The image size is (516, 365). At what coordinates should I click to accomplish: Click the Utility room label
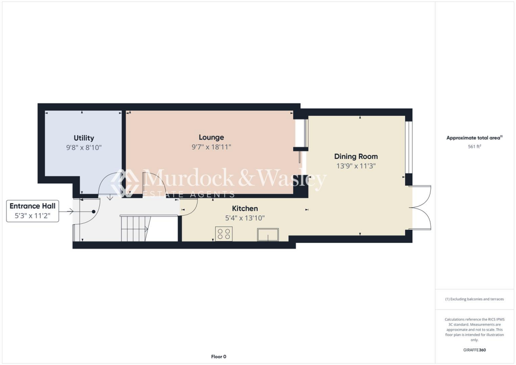(84, 138)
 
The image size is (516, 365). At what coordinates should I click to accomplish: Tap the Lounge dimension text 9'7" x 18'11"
(211, 147)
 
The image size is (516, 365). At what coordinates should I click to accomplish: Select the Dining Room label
(356, 156)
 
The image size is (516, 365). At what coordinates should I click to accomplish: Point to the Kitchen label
(245, 208)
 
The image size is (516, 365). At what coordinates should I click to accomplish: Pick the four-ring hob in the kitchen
(224, 234)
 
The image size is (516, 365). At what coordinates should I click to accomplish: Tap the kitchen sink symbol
(268, 234)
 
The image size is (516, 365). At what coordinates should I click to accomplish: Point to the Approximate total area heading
(474, 138)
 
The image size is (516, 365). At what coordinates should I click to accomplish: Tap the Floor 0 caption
(218, 356)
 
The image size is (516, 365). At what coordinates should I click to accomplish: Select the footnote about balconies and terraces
(475, 299)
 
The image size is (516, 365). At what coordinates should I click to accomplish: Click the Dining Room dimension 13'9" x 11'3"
(356, 165)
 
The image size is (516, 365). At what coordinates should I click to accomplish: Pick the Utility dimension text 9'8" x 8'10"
(84, 147)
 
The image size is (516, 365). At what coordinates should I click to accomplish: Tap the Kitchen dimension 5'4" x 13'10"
(245, 218)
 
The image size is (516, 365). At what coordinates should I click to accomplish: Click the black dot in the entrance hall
(93, 212)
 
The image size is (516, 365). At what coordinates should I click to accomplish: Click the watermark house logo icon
(125, 181)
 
